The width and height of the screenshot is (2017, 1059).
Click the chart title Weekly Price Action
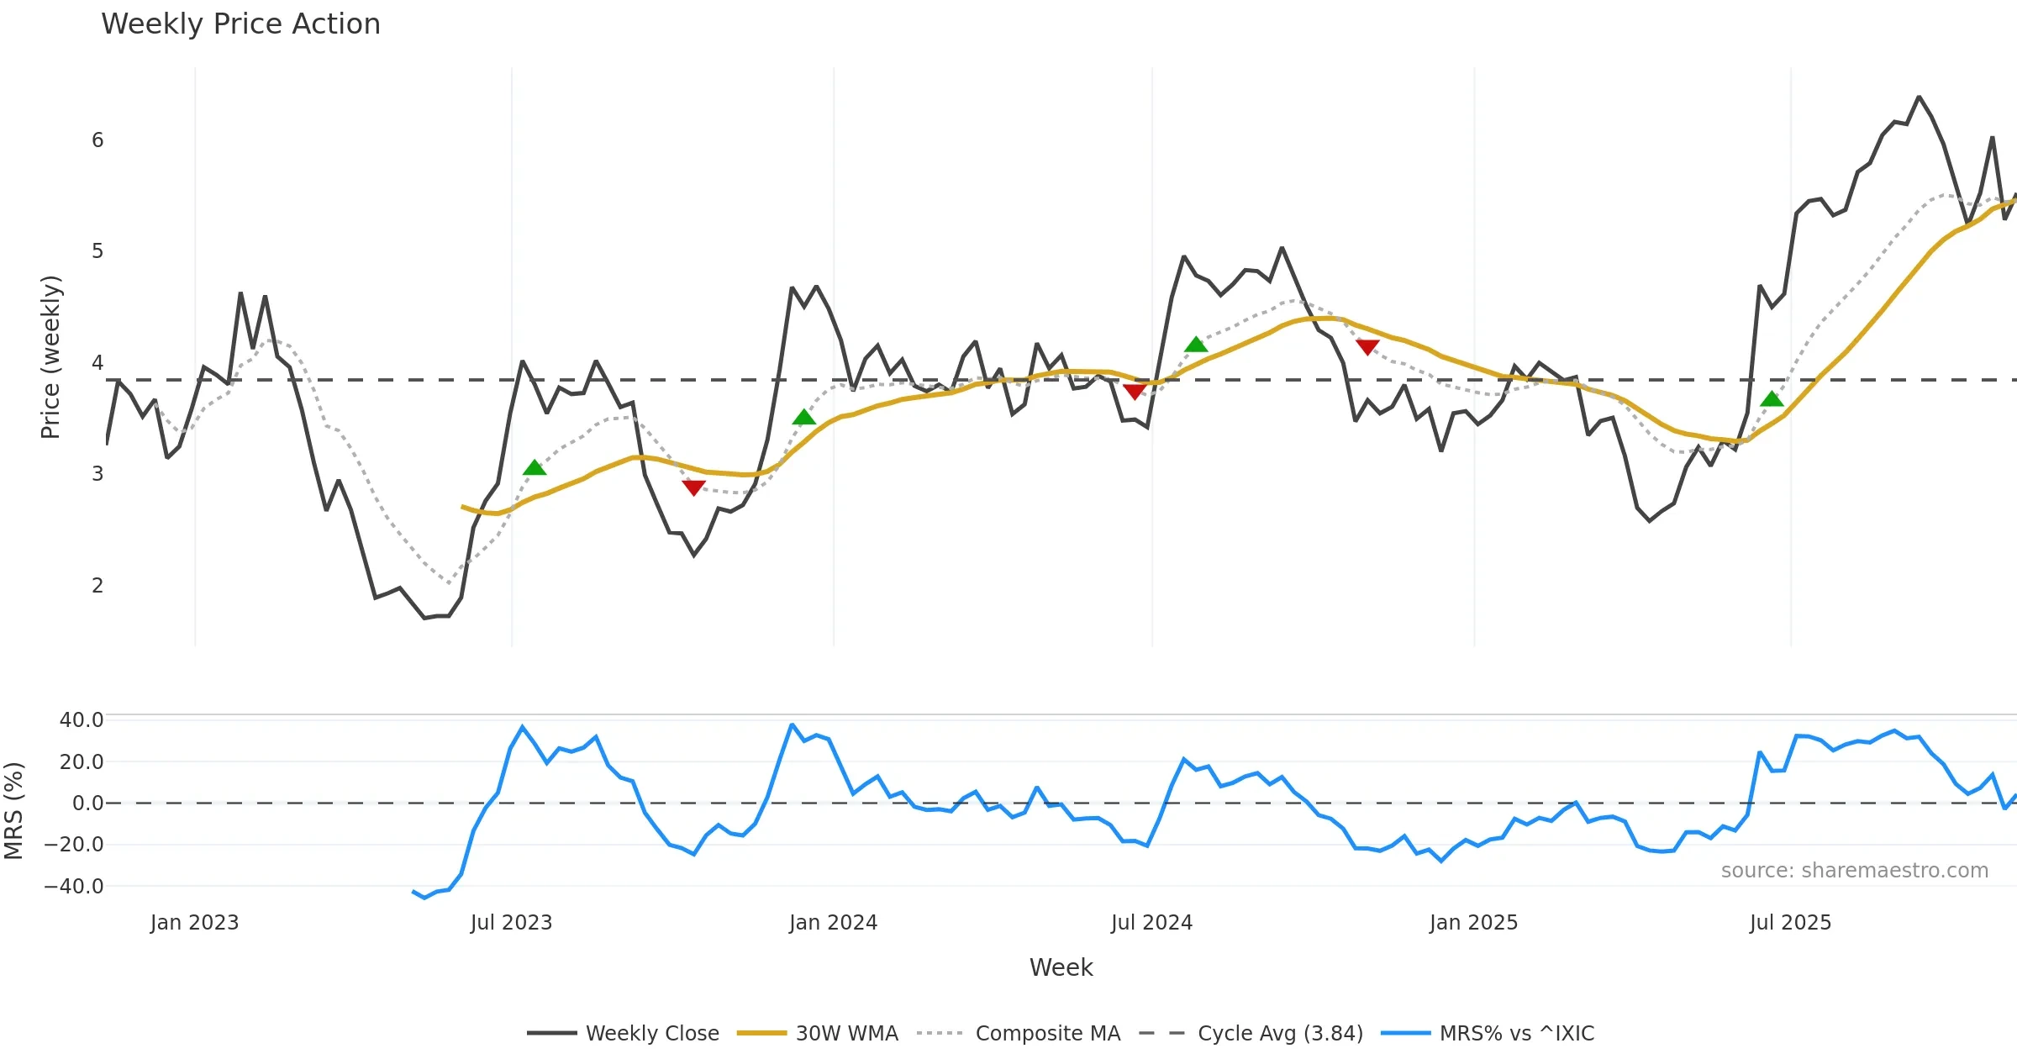pos(240,24)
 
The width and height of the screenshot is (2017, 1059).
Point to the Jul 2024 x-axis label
pos(1151,923)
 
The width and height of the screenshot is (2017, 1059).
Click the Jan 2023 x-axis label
pos(195,923)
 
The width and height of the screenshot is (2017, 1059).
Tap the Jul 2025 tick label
pos(1790,923)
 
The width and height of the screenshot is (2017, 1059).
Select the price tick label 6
pos(97,140)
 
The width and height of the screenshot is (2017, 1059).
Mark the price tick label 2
pos(97,585)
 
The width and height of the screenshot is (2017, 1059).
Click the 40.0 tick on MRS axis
pos(82,720)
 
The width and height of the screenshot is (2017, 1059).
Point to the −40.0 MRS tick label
pos(75,886)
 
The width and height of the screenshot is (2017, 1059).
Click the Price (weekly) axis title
pos(51,357)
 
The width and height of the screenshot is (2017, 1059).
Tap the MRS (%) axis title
pos(14,810)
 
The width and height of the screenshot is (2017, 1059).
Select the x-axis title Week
pos(1061,967)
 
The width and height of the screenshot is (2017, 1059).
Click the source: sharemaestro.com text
pos(1854,871)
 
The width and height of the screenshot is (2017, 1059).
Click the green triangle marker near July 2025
pos(1772,399)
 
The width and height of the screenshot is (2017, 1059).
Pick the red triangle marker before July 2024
pos(1134,392)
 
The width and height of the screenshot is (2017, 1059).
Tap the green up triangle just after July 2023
pos(535,468)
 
